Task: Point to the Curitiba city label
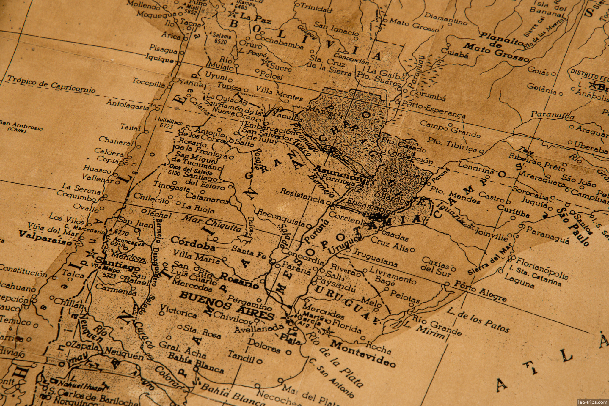pyautogui.click(x=513, y=211)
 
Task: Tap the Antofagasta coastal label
pyautogui.click(x=128, y=105)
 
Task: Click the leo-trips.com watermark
pyautogui.click(x=592, y=402)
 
